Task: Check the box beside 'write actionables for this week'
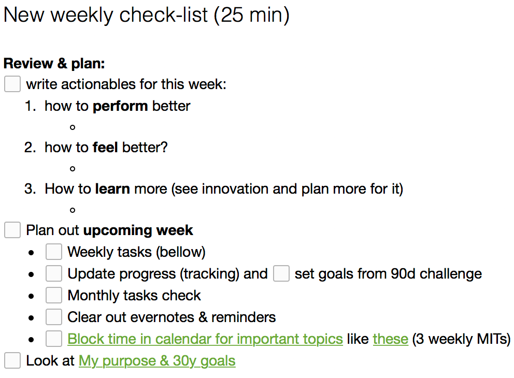click(x=12, y=84)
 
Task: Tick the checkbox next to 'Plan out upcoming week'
click(x=12, y=230)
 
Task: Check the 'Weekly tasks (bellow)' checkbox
click(x=54, y=252)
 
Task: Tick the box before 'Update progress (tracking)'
click(x=54, y=273)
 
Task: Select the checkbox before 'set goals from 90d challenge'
click(x=281, y=273)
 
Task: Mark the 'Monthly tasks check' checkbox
click(x=54, y=295)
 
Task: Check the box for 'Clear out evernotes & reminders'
click(x=54, y=317)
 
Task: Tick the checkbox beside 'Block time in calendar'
click(x=54, y=339)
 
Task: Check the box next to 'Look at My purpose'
click(x=12, y=360)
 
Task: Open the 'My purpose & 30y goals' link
click(x=157, y=361)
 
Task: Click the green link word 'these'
click(x=390, y=339)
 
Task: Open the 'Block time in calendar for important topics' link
click(x=205, y=339)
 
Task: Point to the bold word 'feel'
click(x=105, y=148)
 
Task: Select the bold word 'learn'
click(x=112, y=189)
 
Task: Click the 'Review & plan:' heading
click(x=54, y=64)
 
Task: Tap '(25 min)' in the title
click(x=252, y=15)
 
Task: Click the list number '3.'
click(x=30, y=189)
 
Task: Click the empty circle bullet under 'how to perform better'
click(x=73, y=127)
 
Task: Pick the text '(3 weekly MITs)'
click(x=461, y=339)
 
